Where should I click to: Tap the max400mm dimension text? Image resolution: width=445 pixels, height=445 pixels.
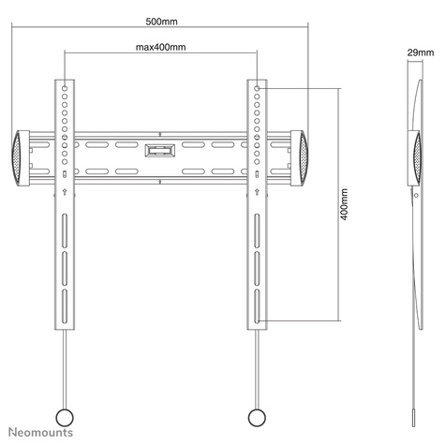160,46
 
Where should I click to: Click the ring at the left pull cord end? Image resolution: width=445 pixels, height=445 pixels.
65,415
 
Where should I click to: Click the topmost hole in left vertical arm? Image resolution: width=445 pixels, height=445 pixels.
65,90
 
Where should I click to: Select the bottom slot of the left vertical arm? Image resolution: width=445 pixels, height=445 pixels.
65,307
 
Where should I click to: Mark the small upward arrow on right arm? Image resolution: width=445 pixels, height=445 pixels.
256,193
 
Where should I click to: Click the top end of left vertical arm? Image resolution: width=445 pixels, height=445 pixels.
65,82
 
